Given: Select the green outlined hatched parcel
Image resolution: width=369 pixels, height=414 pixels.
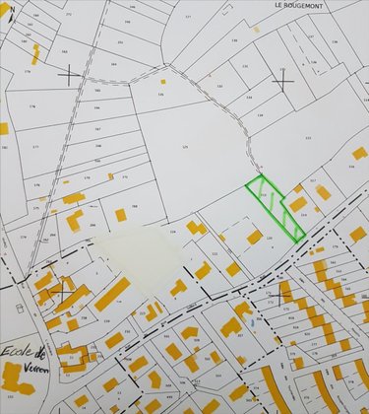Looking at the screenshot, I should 275,207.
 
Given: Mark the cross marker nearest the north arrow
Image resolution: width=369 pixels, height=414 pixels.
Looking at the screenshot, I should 69,73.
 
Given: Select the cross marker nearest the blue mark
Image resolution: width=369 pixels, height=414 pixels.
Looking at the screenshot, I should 283,293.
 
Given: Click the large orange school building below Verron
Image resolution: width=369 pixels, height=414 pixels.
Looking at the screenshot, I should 16,377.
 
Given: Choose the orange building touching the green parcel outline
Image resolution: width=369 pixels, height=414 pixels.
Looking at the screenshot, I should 297,204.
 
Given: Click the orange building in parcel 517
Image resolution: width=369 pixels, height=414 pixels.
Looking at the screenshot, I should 323,193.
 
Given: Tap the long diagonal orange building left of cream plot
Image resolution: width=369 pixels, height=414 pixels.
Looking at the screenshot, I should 110,294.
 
